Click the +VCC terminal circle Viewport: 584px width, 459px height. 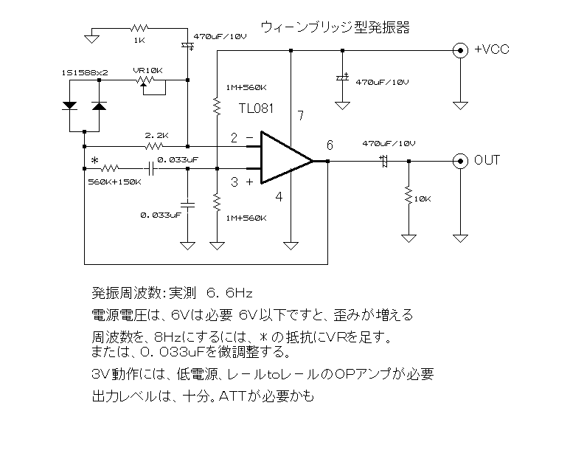(460, 50)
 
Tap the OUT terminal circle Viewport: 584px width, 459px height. (460, 161)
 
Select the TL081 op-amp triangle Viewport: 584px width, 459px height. (287, 157)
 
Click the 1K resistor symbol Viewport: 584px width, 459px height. (139, 28)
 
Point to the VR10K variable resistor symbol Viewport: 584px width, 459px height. (145, 80)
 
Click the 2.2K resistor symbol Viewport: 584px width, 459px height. (153, 146)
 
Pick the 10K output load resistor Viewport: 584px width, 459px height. (409, 195)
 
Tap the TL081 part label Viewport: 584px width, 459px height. (256, 108)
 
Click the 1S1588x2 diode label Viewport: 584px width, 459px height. (85, 72)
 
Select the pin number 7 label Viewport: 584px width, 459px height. (301, 116)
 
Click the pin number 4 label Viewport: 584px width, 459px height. (279, 196)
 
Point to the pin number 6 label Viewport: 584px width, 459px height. (330, 145)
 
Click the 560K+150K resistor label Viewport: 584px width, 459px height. (114, 182)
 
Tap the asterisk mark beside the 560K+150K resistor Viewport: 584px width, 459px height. (94, 160)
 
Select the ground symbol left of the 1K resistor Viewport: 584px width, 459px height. (91, 39)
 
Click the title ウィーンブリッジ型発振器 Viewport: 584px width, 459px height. (336, 27)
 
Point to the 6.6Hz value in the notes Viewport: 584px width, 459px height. (229, 293)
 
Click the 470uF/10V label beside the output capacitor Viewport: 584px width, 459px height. (389, 144)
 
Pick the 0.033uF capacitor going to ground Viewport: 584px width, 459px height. (187, 204)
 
